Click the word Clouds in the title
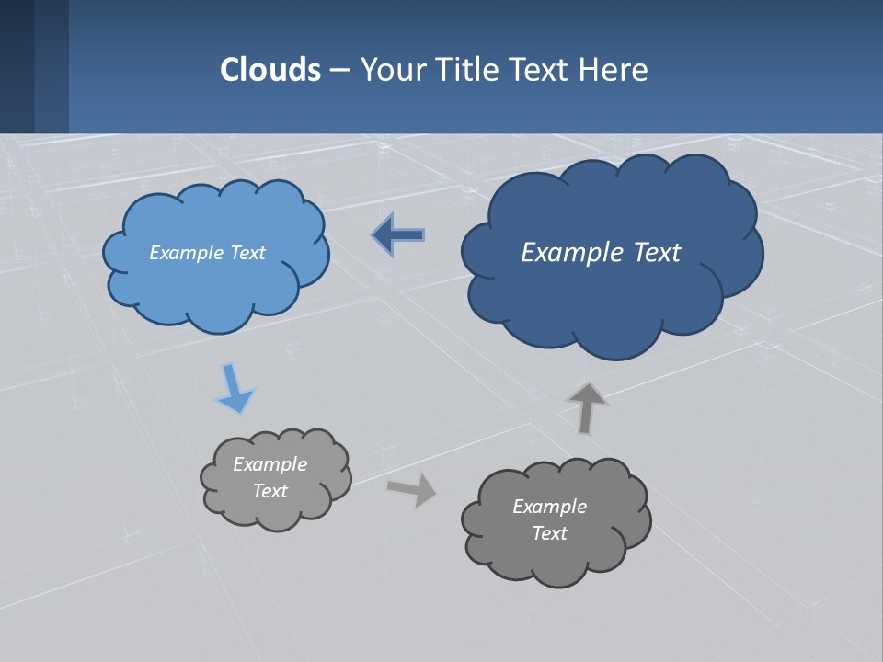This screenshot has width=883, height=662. click(269, 69)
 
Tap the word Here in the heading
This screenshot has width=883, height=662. click(613, 69)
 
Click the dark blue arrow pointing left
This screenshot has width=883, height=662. click(399, 235)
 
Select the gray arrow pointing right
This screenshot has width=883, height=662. click(411, 489)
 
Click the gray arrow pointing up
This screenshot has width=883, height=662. click(586, 407)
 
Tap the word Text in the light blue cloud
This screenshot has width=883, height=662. click(247, 253)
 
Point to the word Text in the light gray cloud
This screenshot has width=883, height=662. click(269, 491)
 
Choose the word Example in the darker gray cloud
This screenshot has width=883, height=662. click(549, 507)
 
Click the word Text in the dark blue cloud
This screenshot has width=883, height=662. click(657, 252)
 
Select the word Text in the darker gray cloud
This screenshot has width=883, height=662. click(549, 533)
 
